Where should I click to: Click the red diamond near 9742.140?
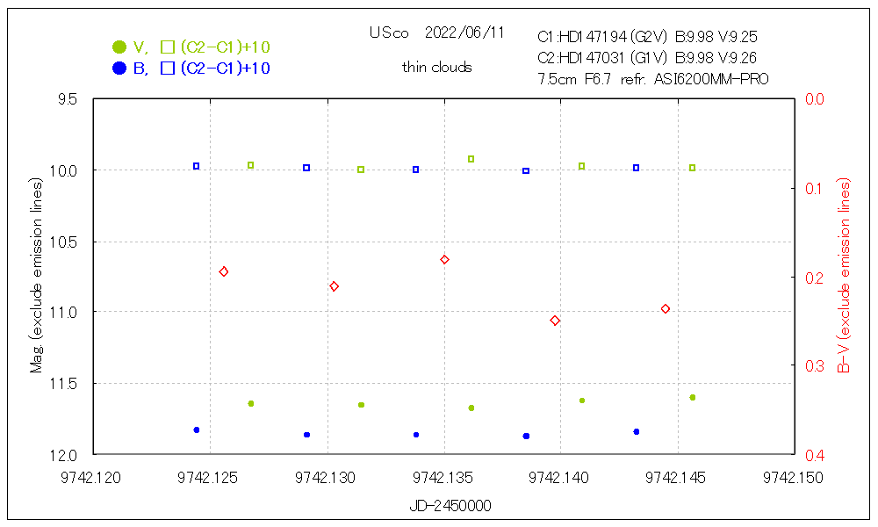coord(555,321)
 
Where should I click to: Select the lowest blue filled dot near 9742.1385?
coord(526,436)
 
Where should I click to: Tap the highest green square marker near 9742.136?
coord(471,159)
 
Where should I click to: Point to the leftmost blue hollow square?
coord(197,166)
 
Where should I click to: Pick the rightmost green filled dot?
coord(693,398)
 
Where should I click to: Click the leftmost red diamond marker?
coord(224,272)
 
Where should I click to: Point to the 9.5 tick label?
coord(66,99)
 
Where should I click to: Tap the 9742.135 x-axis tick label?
coord(444,478)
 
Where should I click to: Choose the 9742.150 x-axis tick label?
coord(793,478)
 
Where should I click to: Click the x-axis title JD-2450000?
coord(450,506)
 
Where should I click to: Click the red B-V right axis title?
coord(845,277)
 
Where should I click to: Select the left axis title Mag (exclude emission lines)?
coord(36,277)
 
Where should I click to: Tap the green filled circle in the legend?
coord(119,47)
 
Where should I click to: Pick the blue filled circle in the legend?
coord(119,69)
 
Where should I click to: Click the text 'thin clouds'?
coord(437,68)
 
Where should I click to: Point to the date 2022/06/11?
coord(464,32)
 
